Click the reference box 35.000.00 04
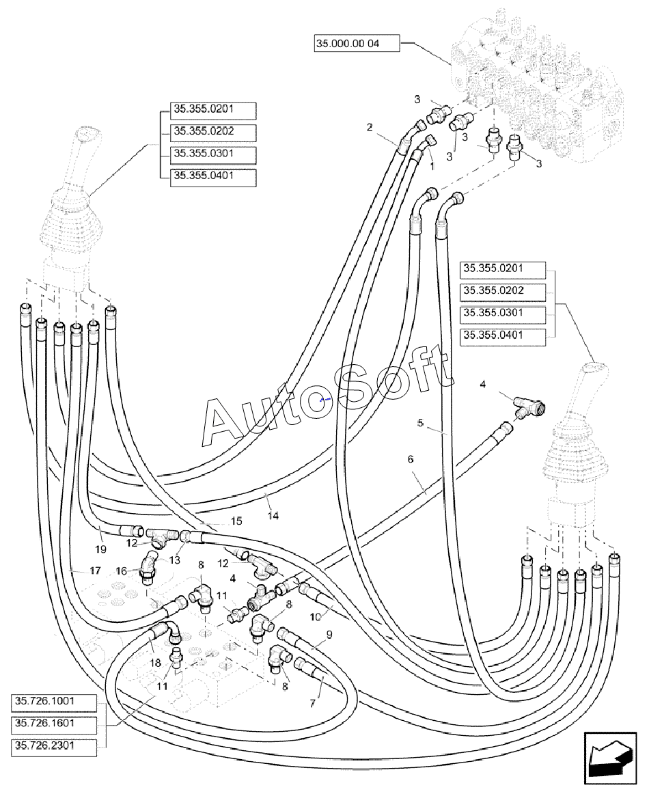click(356, 44)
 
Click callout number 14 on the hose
click(273, 517)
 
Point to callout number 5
click(421, 424)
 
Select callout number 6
click(411, 459)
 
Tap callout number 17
click(95, 569)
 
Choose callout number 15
click(236, 521)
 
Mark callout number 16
click(120, 571)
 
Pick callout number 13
click(174, 560)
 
